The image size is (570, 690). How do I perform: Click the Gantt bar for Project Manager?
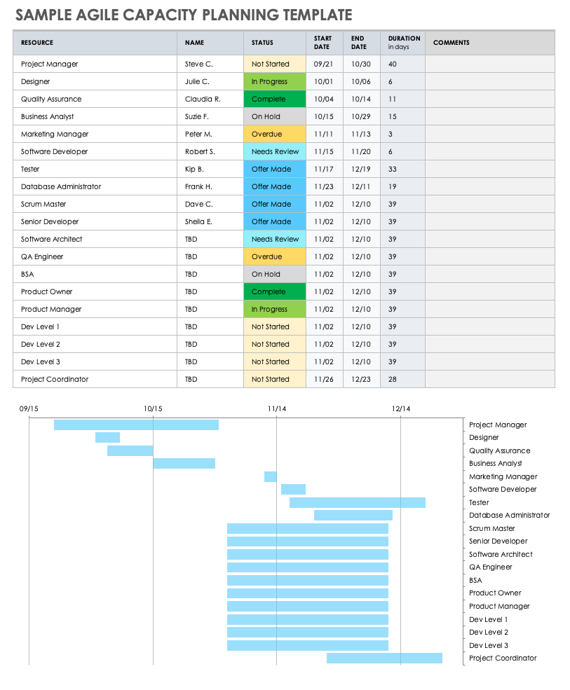point(136,425)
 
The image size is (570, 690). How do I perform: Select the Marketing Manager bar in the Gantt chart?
point(270,476)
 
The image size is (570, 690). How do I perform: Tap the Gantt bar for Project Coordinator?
point(384,658)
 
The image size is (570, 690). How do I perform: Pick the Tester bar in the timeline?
point(357,502)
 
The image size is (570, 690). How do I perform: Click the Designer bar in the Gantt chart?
point(107,438)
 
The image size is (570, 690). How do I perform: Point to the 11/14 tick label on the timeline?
point(276,408)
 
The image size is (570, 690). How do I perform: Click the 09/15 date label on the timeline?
point(29,408)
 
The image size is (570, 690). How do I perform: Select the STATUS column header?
point(262,43)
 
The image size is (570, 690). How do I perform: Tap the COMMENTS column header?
point(451,43)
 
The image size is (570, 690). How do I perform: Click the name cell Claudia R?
point(203,99)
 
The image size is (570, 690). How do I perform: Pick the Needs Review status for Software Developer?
point(275,152)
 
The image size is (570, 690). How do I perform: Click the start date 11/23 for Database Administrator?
point(323,187)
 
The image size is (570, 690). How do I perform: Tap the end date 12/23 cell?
point(360,380)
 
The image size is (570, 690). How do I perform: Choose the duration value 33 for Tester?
point(392,170)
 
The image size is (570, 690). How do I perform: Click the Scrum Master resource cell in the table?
point(43,205)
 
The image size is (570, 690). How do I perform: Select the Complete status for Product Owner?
point(269,292)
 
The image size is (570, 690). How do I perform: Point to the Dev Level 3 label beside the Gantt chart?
point(488,645)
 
